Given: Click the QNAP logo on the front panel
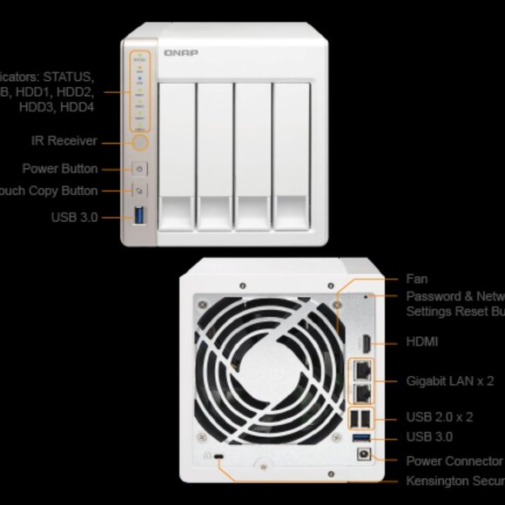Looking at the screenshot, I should (x=180, y=54).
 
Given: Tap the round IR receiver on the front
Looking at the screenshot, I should (x=140, y=141).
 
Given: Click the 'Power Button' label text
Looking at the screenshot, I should (x=60, y=169).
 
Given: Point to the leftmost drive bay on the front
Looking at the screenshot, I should (x=176, y=157).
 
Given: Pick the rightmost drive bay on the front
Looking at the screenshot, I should (x=292, y=157).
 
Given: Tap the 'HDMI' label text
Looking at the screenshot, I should (x=422, y=342).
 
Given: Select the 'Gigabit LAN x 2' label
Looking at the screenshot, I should (x=450, y=380).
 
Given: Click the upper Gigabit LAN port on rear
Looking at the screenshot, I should (x=361, y=371).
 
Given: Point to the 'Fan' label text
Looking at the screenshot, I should (x=417, y=279).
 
